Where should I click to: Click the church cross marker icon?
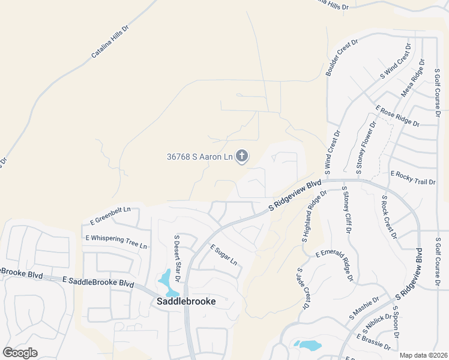(x=242, y=157)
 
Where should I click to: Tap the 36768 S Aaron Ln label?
(x=199, y=157)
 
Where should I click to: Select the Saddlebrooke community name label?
(x=186, y=301)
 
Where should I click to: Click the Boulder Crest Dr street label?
(x=342, y=58)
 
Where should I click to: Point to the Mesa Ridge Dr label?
(x=412, y=78)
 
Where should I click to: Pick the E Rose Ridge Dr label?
(x=397, y=116)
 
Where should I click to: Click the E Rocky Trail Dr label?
(x=413, y=178)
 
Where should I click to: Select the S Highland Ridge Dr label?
(x=314, y=217)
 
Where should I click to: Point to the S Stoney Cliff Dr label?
(x=346, y=210)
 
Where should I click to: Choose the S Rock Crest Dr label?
(x=388, y=216)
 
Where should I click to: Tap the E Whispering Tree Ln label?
(x=116, y=242)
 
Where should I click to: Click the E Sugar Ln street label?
(x=223, y=255)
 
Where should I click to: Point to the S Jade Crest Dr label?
(x=302, y=289)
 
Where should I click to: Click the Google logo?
(x=20, y=353)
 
